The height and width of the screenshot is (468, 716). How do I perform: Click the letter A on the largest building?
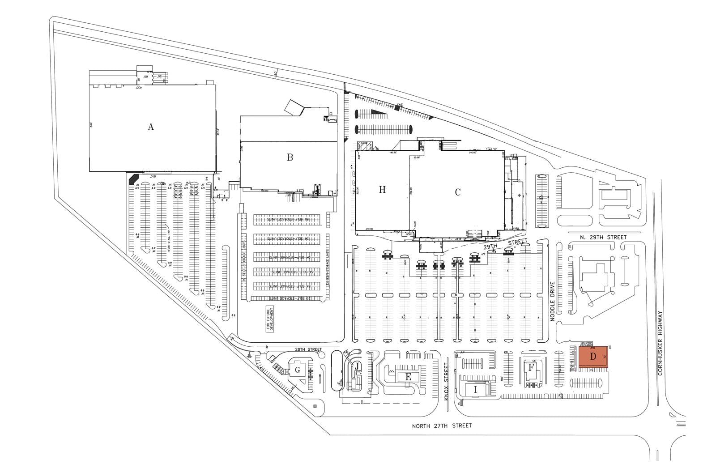point(151,127)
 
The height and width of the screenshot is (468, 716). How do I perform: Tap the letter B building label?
point(290,157)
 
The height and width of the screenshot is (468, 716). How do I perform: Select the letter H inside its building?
point(382,190)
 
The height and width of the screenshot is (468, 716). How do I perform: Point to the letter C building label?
point(458,192)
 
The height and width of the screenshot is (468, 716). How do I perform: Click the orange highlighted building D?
point(593,357)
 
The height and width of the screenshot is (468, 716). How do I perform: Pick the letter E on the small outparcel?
point(408,377)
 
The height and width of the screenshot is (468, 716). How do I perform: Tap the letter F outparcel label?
point(531,368)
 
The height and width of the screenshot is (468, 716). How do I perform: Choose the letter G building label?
point(297,370)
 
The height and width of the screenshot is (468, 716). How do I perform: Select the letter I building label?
point(475,390)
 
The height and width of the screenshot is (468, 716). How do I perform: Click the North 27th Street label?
point(442,426)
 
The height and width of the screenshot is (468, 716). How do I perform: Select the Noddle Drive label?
point(552,302)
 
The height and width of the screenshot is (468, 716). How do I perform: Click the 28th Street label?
point(308,349)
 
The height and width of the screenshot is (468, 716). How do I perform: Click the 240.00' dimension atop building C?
point(473,153)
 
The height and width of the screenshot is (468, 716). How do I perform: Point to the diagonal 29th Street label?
point(506,244)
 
